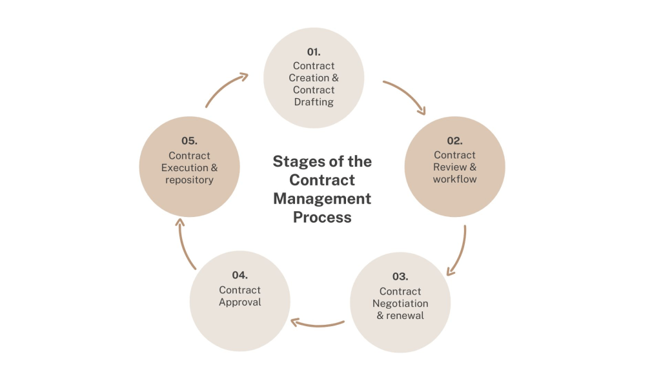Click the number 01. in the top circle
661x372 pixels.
click(314, 51)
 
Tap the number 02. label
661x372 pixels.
click(455, 140)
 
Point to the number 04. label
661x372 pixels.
click(240, 275)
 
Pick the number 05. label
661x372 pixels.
click(189, 140)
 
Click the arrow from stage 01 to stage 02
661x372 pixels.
click(405, 96)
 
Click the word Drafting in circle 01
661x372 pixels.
click(314, 102)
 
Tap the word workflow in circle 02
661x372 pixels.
click(455, 179)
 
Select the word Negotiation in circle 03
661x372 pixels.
click(400, 304)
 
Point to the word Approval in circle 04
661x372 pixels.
click(240, 302)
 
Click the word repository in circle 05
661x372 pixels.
click(189, 180)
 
